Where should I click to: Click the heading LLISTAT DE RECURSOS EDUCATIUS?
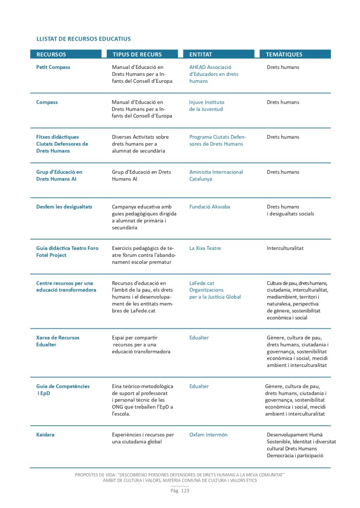pyautogui.click(x=83, y=38)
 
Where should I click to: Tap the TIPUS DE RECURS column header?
pyautogui.click(x=137, y=55)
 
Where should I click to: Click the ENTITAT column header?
pyautogui.click(x=201, y=55)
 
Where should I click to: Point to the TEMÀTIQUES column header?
pyautogui.click(x=284, y=55)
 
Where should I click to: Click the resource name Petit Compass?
pyautogui.click(x=53, y=67)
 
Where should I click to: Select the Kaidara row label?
pyautogui.click(x=45, y=435)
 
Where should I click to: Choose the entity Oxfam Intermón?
pyautogui.click(x=208, y=435)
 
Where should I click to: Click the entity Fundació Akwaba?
pyautogui.click(x=210, y=206)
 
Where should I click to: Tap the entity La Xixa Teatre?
pyautogui.click(x=205, y=248)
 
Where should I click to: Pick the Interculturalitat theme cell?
pyautogui.click(x=285, y=248)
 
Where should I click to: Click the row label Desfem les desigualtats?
pyautogui.click(x=64, y=206)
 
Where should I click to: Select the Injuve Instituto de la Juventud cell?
pyautogui.click(x=207, y=106)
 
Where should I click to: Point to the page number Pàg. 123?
pyautogui.click(x=180, y=491)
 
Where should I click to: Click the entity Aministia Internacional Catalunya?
pyautogui.click(x=216, y=175)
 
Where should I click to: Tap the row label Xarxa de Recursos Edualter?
pyautogui.click(x=58, y=341)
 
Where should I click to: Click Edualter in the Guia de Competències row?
pyautogui.click(x=199, y=386)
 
